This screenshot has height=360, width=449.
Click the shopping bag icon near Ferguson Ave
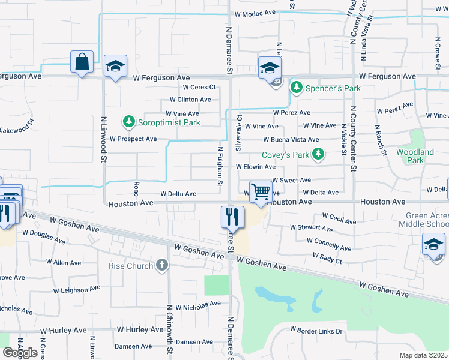82,62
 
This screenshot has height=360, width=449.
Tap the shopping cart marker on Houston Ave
260,193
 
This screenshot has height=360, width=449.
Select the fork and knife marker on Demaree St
231,216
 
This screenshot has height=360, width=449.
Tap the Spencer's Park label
333,88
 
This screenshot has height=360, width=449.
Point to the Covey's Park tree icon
318,155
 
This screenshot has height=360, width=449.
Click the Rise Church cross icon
161,265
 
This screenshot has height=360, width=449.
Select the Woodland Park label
415,156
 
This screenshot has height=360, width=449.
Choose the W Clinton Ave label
190,100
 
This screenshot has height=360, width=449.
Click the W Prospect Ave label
133,139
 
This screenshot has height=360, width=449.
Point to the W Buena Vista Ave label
290,139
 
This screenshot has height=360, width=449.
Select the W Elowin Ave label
255,167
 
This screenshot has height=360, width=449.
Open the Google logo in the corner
20,353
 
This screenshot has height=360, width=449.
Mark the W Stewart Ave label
311,228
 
